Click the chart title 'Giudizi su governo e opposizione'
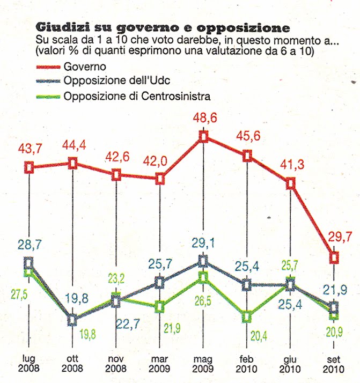163,27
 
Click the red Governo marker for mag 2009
203,137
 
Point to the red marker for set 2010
335,257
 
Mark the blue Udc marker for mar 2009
159,282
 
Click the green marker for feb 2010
247,317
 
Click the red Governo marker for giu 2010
291,183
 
